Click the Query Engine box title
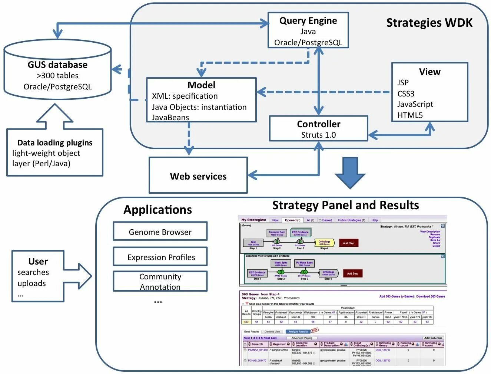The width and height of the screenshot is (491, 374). [308, 21]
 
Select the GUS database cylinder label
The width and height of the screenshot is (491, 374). [57, 65]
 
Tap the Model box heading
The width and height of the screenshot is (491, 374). [201, 85]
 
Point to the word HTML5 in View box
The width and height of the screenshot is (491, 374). [410, 115]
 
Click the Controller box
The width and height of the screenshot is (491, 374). [318, 128]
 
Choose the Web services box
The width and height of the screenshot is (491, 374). [198, 176]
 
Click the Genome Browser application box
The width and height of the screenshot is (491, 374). [160, 232]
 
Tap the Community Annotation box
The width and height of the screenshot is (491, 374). [160, 282]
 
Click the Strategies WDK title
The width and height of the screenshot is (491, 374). [429, 23]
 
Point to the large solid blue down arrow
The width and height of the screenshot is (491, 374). [350, 172]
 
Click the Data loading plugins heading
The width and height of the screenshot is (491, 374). [55, 143]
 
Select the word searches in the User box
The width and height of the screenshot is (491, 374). [33, 272]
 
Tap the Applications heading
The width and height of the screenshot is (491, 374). [157, 210]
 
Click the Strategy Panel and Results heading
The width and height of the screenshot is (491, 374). [345, 205]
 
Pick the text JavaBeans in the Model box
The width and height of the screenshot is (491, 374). [170, 118]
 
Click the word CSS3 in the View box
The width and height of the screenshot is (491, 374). [406, 93]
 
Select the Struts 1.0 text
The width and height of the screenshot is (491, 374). [318, 135]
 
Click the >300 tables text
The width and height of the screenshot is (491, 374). [57, 76]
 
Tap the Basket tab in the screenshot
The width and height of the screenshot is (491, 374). [326, 220]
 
